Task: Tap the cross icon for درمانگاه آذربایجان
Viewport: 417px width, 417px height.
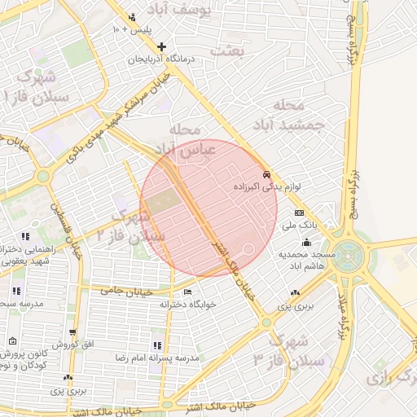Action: [162, 46]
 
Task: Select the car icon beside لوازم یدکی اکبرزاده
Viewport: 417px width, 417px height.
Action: [266, 175]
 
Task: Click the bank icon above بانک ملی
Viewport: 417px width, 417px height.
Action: [299, 213]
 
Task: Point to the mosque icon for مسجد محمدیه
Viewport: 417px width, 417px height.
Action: [306, 242]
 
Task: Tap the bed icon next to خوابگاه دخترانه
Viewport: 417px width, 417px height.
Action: [189, 292]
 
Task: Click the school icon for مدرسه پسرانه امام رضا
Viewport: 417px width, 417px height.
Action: [157, 346]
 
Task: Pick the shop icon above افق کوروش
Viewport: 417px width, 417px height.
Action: [73, 333]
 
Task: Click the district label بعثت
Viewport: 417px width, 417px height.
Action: [227, 50]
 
